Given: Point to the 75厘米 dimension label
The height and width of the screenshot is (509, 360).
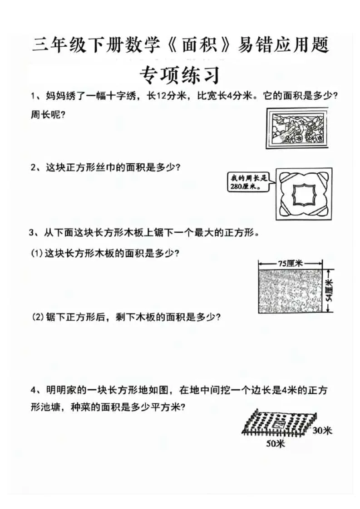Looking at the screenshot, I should [x=291, y=263].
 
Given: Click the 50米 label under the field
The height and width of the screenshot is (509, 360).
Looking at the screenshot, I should [x=275, y=444].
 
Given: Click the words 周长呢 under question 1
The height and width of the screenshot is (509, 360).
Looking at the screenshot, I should [x=48, y=115].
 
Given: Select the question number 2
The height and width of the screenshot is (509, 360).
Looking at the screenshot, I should [x=34, y=167].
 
